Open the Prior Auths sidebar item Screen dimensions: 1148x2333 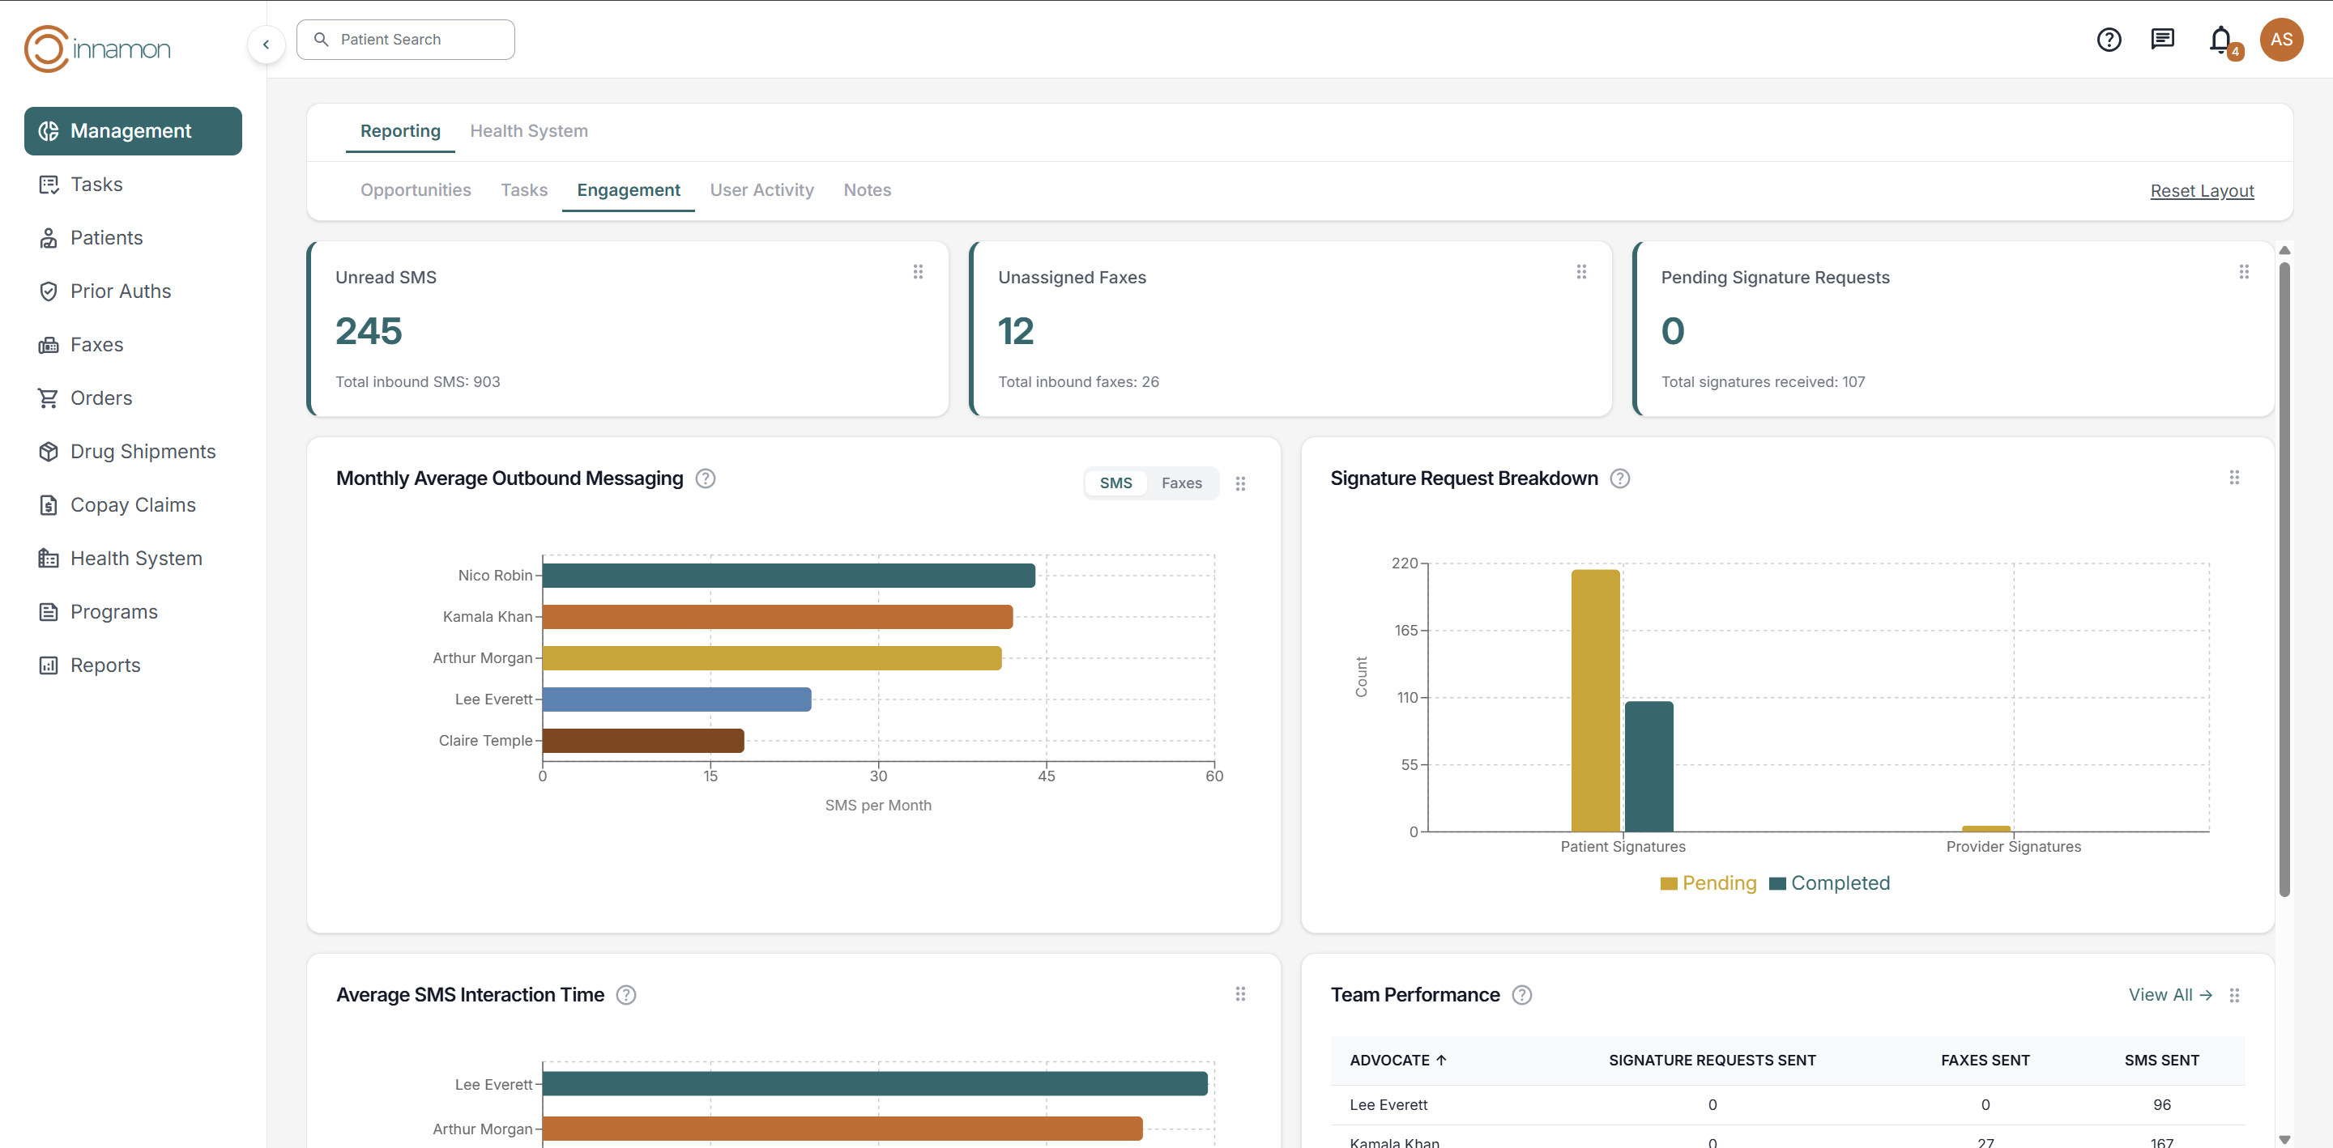[120, 291]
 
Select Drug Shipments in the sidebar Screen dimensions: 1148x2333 [143, 451]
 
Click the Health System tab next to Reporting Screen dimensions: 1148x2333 [528, 130]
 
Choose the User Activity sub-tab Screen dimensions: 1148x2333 [761, 190]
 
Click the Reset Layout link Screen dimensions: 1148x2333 [2201, 191]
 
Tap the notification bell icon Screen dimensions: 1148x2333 [2220, 40]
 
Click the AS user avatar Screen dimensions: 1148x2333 [2280, 40]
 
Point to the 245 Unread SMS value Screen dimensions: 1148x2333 [369, 331]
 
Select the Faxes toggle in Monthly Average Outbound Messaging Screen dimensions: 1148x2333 [1181, 483]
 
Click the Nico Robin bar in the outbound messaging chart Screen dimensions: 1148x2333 [788, 576]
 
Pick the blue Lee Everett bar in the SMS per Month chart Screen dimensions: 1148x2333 [676, 699]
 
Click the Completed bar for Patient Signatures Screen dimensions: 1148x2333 [1648, 766]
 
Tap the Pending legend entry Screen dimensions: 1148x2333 [1708, 883]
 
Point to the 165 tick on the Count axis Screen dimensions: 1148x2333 [1405, 630]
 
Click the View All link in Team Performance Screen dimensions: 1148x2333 [2169, 995]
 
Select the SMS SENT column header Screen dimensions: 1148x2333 [2161, 1061]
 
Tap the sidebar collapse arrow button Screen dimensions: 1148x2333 [267, 45]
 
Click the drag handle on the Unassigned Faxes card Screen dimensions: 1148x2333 [1580, 271]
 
